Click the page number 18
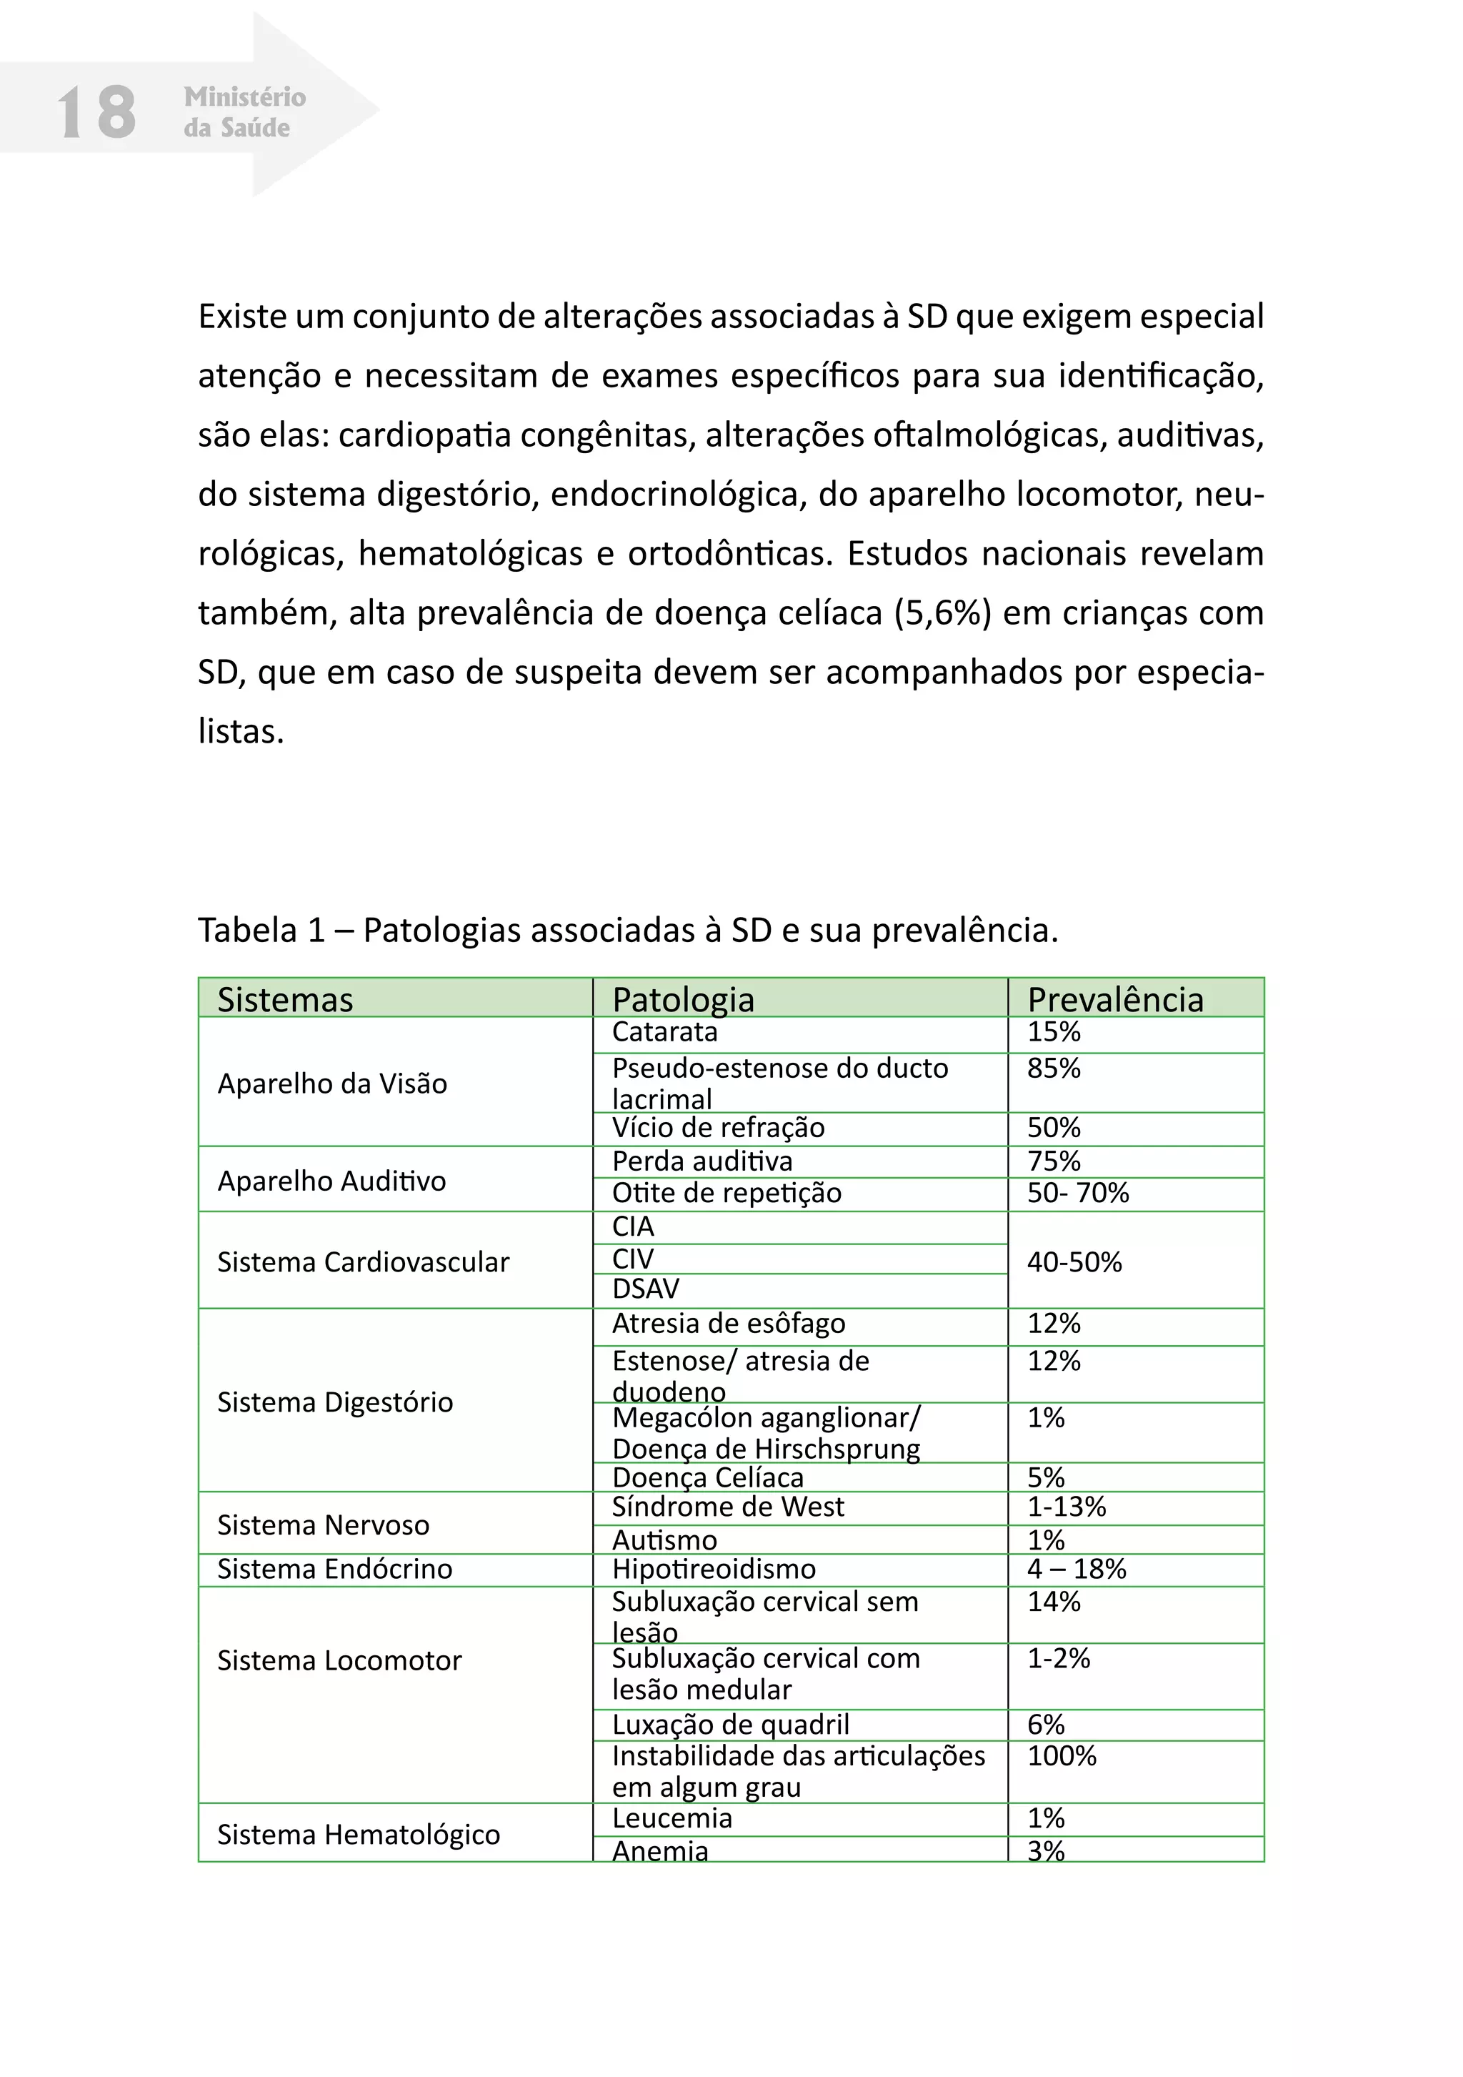[x=96, y=112]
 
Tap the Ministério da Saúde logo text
[x=244, y=112]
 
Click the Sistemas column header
[x=285, y=1000]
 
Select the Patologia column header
[x=683, y=1000]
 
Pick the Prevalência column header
[x=1115, y=1000]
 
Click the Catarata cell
[x=664, y=1032]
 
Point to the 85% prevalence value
[x=1054, y=1069]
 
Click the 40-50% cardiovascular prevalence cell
[x=1074, y=1262]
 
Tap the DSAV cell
[x=646, y=1289]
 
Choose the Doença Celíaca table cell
[x=707, y=1477]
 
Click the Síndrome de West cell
[x=727, y=1507]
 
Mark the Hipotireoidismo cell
[x=714, y=1569]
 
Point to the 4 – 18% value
[x=1076, y=1569]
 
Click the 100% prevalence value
[x=1062, y=1756]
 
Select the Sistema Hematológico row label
[x=358, y=1835]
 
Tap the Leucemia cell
[x=671, y=1818]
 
